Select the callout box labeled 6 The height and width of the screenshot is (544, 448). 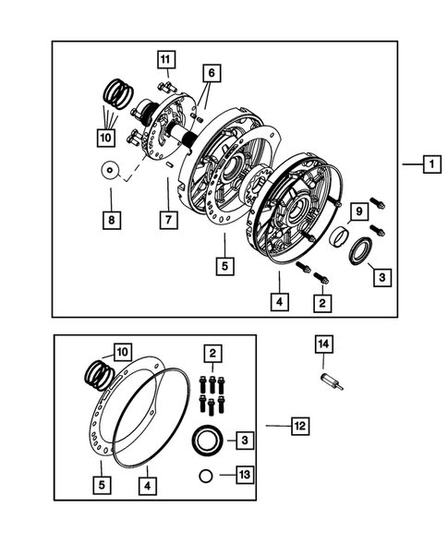coord(211,72)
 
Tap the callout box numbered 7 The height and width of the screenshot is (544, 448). coord(168,220)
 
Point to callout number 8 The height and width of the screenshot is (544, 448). coord(111,221)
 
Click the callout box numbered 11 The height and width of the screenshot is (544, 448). coord(165,60)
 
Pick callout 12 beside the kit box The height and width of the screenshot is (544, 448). coord(299,426)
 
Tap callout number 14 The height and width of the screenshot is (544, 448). coord(323,345)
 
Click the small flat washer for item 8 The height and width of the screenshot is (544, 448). coord(111,170)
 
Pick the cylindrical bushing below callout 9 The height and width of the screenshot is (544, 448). coord(339,237)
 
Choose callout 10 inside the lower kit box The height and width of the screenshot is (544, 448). coord(121,352)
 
